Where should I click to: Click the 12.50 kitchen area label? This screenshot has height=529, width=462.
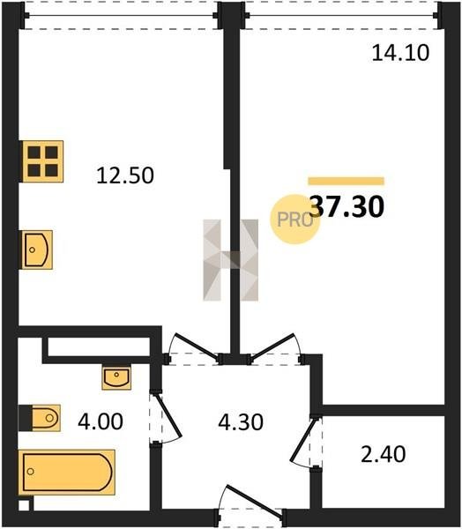coord(125,175)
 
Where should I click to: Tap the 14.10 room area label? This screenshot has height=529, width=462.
coord(400,53)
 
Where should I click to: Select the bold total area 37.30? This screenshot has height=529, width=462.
coord(346,207)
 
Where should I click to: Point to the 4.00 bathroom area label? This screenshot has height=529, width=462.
coord(101,421)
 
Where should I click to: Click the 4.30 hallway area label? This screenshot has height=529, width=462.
coord(241,422)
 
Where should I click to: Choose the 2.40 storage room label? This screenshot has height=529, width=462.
coord(383,454)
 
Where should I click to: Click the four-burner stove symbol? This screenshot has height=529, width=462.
coord(42,161)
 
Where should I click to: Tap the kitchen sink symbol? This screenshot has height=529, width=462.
coord(37,250)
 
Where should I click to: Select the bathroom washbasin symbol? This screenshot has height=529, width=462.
coord(116,377)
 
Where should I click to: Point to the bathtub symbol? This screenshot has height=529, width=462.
coord(67,472)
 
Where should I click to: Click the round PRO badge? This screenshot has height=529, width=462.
coord(294,220)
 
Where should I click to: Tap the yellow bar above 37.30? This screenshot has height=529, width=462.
coord(346,181)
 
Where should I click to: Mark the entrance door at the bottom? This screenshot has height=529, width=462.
coord(254,501)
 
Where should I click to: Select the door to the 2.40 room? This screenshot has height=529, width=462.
coord(302,441)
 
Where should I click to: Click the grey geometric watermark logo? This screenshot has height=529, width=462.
coord(231,260)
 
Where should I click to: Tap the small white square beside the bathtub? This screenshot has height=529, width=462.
coord(24,505)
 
